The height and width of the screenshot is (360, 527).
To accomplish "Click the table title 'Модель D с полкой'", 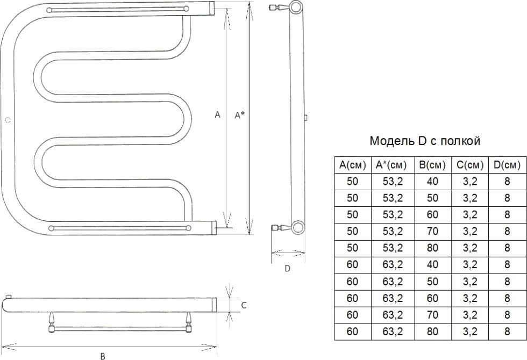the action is pos(425,141).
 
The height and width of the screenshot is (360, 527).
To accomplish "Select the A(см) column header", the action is pos(352,165).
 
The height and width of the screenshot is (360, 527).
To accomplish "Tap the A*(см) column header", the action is pos(393,165).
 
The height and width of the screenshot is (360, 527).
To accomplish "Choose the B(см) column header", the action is pos(432,165).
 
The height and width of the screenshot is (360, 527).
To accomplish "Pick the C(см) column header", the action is pos(470,165).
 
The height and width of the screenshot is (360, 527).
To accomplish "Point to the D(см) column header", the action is pos(507,165).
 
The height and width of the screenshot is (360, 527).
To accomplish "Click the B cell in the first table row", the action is pos(432,182).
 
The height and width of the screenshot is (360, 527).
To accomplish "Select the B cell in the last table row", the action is pos(432,332).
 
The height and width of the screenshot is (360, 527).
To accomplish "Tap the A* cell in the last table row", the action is pos(393,332).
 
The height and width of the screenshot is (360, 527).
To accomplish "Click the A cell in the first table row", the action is pos(352,182).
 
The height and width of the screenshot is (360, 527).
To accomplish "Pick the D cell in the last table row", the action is pos(507,332).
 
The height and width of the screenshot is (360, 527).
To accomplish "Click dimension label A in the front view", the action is pos(217,115).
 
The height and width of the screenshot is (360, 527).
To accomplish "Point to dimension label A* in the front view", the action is pos(240,115).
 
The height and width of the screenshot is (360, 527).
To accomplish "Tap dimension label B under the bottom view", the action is pos(103,356).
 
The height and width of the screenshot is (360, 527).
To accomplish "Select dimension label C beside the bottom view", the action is pos(244,305).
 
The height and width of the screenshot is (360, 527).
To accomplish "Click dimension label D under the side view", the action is pos(287,269).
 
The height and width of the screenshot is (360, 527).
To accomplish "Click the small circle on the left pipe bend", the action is pos(8,120).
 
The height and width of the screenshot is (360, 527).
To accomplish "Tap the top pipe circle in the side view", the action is pos(296,6).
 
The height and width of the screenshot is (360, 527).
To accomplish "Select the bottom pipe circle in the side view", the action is pos(298,227).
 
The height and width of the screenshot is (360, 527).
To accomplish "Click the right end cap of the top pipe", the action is pos(212,8).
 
